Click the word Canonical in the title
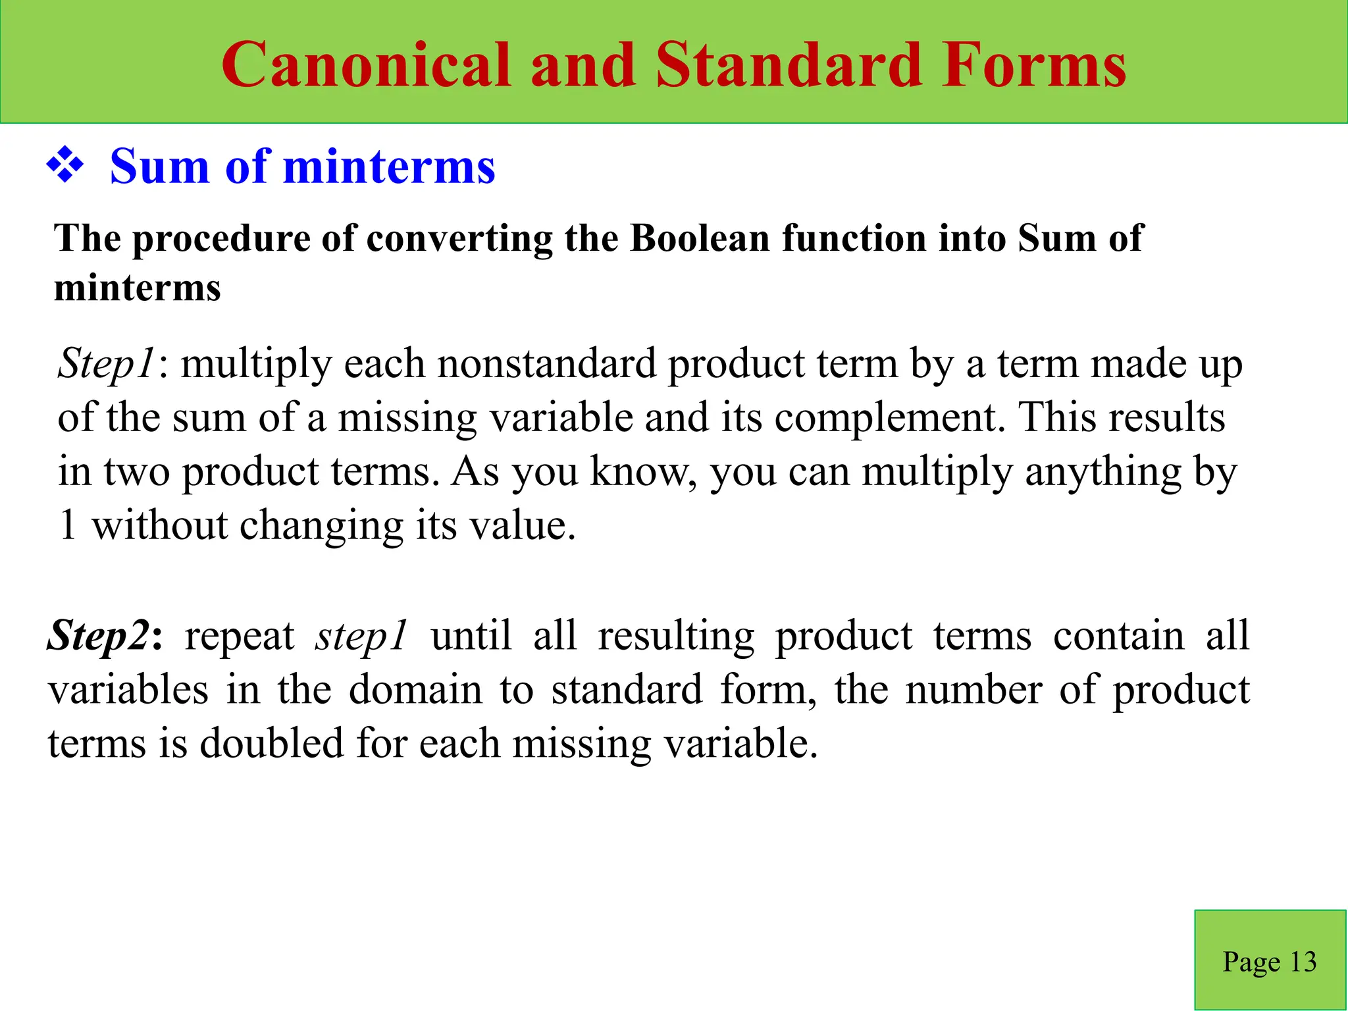click(366, 65)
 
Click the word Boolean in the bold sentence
click(700, 238)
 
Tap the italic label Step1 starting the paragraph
click(107, 364)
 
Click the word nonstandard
click(546, 364)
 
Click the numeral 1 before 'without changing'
click(68, 526)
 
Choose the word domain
click(415, 690)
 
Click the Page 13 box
click(1270, 960)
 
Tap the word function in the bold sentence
click(854, 238)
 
